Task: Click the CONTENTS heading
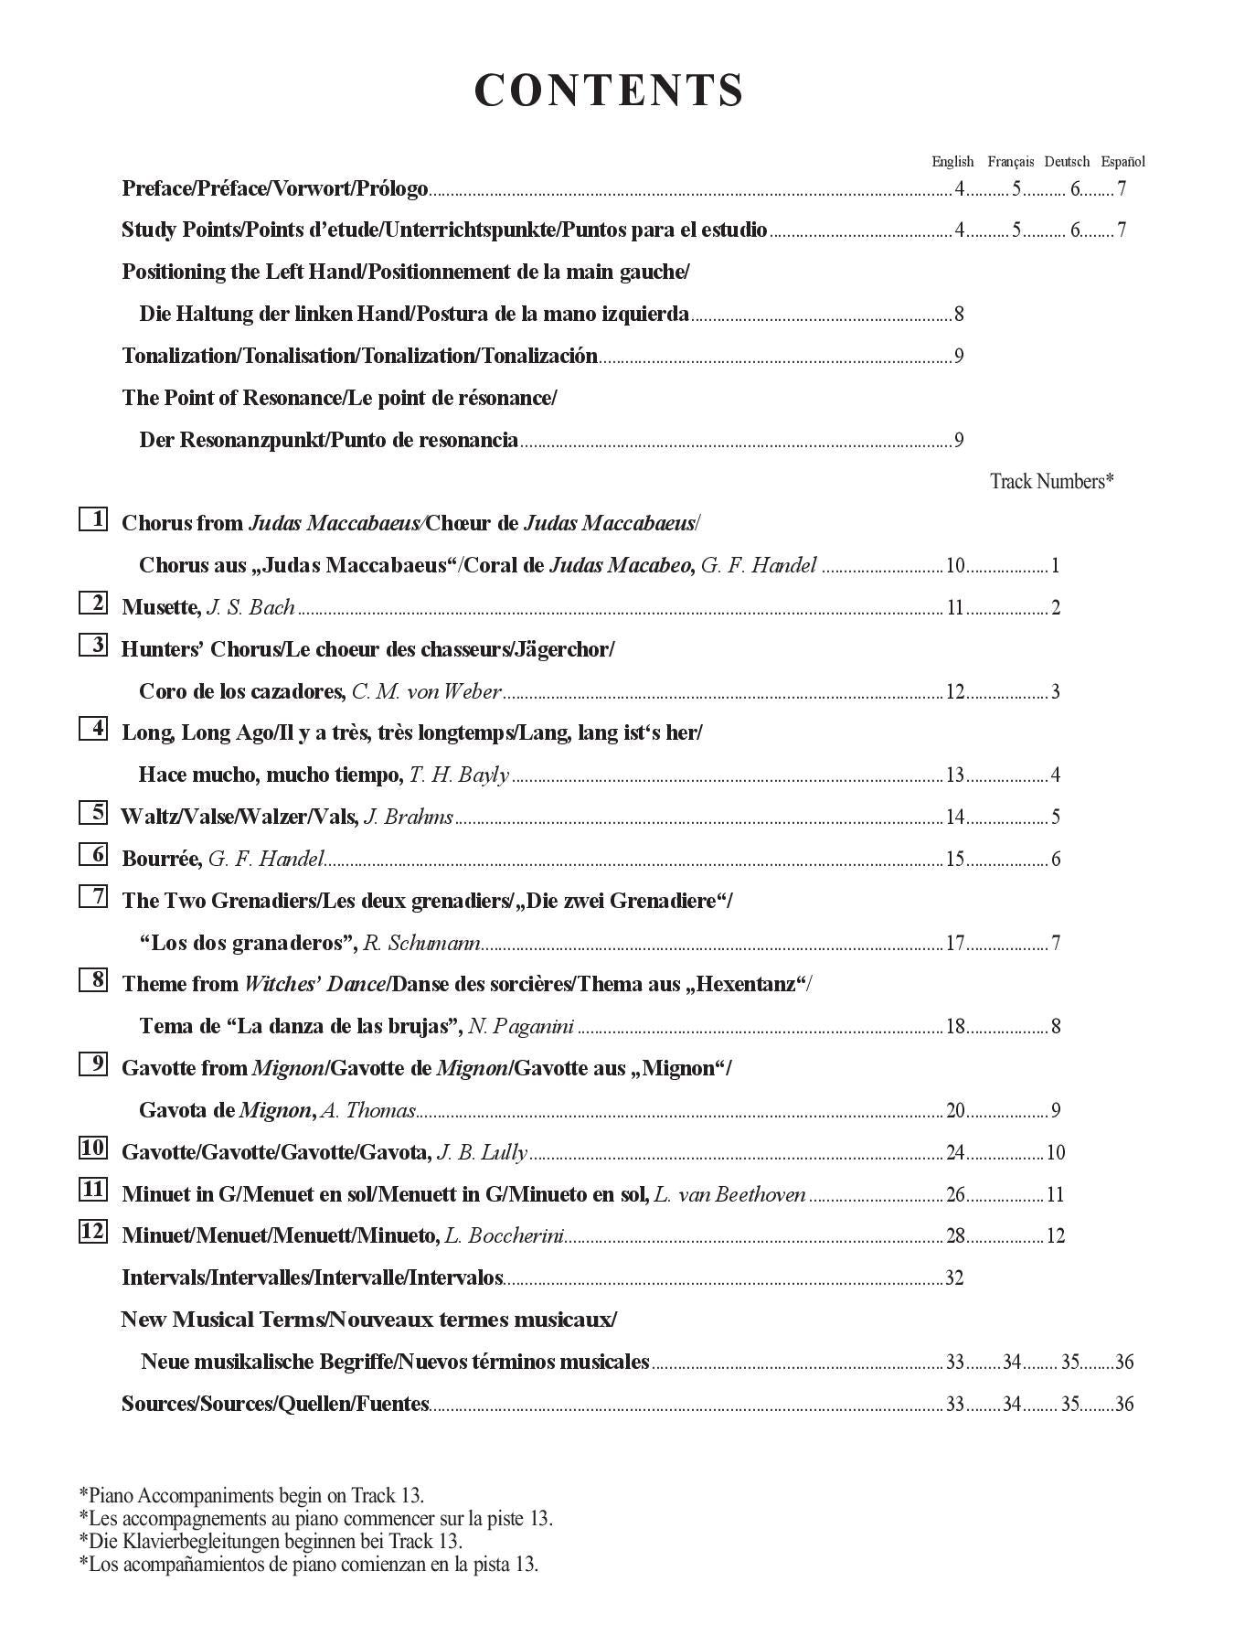(x=609, y=91)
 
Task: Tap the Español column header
(x=1122, y=162)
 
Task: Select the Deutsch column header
(x=1067, y=162)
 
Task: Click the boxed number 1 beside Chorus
(x=93, y=519)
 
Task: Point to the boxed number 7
(x=93, y=897)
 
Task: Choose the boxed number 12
(x=93, y=1232)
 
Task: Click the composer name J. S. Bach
(x=251, y=608)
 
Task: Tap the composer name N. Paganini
(x=521, y=1027)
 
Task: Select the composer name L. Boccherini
(x=504, y=1236)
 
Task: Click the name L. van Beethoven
(x=730, y=1194)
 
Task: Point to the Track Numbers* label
(x=1051, y=481)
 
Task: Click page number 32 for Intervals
(x=954, y=1278)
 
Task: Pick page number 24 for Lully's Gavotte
(x=955, y=1153)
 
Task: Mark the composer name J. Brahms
(x=409, y=818)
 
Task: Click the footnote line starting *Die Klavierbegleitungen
(x=271, y=1541)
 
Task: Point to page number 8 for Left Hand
(x=959, y=315)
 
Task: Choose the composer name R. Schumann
(x=421, y=943)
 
